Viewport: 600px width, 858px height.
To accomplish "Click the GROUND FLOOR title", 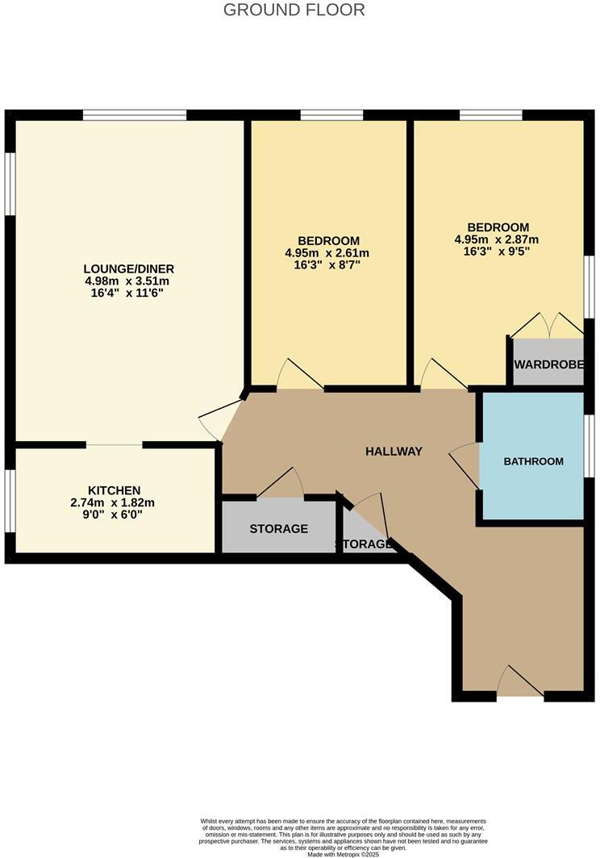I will pos(294,10).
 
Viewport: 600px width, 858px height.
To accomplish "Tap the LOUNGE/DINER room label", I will pos(129,269).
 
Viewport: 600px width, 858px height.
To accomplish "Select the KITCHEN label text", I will pos(115,490).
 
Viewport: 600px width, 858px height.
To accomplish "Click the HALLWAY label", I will pos(394,452).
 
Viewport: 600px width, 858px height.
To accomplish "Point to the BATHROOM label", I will pos(533,461).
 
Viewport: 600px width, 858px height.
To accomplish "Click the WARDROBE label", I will pos(548,364).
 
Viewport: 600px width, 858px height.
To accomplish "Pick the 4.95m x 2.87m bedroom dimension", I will pos(498,239).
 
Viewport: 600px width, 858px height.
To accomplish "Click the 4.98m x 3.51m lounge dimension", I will pos(129,281).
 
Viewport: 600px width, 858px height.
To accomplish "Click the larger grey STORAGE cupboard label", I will pos(278,529).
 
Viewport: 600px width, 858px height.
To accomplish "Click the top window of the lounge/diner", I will pos(135,115).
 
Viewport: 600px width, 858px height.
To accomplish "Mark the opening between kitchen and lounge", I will pos(115,444).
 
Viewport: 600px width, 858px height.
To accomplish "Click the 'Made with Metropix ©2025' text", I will pos(343,854).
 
